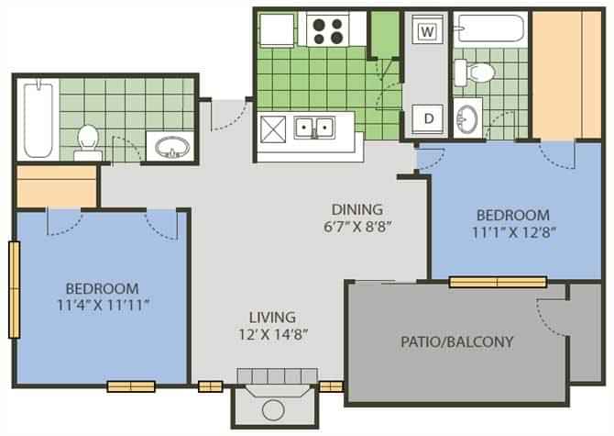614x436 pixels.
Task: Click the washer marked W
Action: click(425, 30)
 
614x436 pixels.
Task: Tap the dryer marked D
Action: click(425, 117)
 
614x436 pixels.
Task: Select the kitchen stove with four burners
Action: click(329, 29)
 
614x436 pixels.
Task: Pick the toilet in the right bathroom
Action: click(477, 71)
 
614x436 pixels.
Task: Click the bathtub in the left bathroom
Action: click(36, 119)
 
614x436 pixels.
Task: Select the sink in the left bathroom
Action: click(170, 147)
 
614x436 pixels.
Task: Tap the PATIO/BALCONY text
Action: click(456, 341)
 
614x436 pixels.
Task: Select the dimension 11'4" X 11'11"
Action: click(102, 304)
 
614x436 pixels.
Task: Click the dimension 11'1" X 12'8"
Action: click(512, 231)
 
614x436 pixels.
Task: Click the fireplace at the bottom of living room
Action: click(272, 400)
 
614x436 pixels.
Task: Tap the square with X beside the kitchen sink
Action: click(274, 128)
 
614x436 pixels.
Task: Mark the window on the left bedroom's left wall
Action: click(13, 289)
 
